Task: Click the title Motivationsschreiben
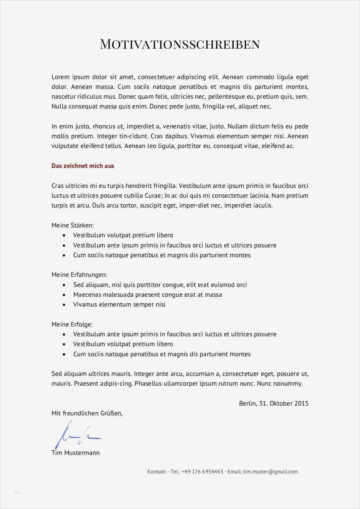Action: point(180,44)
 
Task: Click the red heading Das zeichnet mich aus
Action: point(83,166)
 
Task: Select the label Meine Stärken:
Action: point(73,225)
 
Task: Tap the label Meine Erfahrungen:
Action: point(79,275)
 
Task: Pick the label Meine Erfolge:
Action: point(72,324)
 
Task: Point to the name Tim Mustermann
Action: point(75,453)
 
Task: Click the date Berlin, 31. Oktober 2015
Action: point(274,403)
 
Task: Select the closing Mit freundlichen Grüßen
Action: point(87,413)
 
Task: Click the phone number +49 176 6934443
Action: point(202,472)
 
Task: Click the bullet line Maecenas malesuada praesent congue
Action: point(147,295)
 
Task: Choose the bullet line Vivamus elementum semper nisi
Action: point(119,304)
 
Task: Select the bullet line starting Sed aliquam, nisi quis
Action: point(160,285)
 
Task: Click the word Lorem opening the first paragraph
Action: point(60,77)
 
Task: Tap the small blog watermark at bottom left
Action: point(18,492)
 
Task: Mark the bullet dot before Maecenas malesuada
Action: point(64,295)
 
